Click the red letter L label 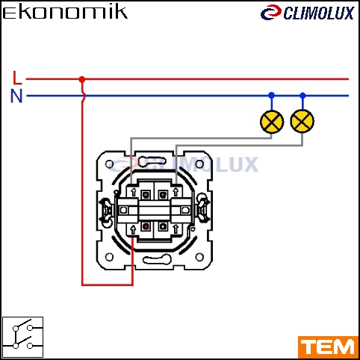17,78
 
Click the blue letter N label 16,96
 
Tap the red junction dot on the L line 82,79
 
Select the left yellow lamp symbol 272,122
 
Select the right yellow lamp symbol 302,121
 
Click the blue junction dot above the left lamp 272,95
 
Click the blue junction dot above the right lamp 302,95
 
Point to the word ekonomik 65,12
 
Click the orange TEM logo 328,347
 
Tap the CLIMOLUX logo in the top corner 307,13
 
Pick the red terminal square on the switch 146,226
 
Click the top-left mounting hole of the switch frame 109,164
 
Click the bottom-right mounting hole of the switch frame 199,257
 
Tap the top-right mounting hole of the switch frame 199,164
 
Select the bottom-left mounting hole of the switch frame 109,257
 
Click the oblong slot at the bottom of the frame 157,260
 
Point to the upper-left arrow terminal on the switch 134,192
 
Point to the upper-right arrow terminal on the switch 176,192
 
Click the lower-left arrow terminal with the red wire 133,229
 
